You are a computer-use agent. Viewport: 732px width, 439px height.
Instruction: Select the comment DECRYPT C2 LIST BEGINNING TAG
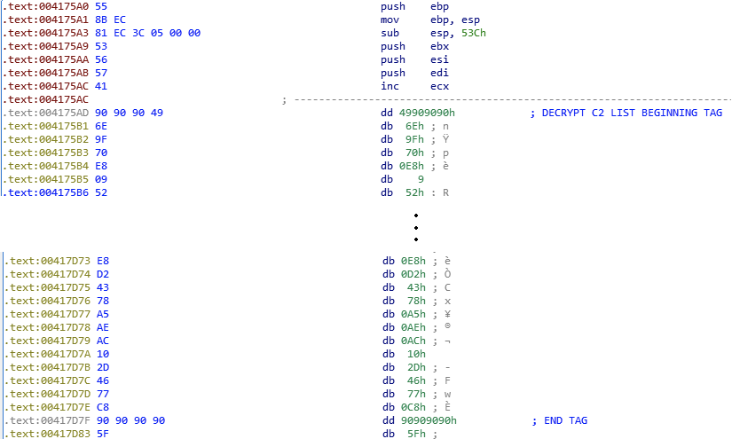point(631,113)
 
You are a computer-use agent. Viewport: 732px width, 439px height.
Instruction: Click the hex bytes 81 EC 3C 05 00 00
point(149,33)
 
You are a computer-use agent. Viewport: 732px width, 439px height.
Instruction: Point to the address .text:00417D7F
point(48,420)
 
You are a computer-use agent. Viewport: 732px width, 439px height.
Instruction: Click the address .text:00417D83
point(48,434)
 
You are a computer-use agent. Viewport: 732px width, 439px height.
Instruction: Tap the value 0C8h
point(413,407)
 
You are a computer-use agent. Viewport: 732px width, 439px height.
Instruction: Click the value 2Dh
point(416,367)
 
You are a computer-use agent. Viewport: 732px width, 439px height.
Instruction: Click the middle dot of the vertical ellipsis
point(415,227)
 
